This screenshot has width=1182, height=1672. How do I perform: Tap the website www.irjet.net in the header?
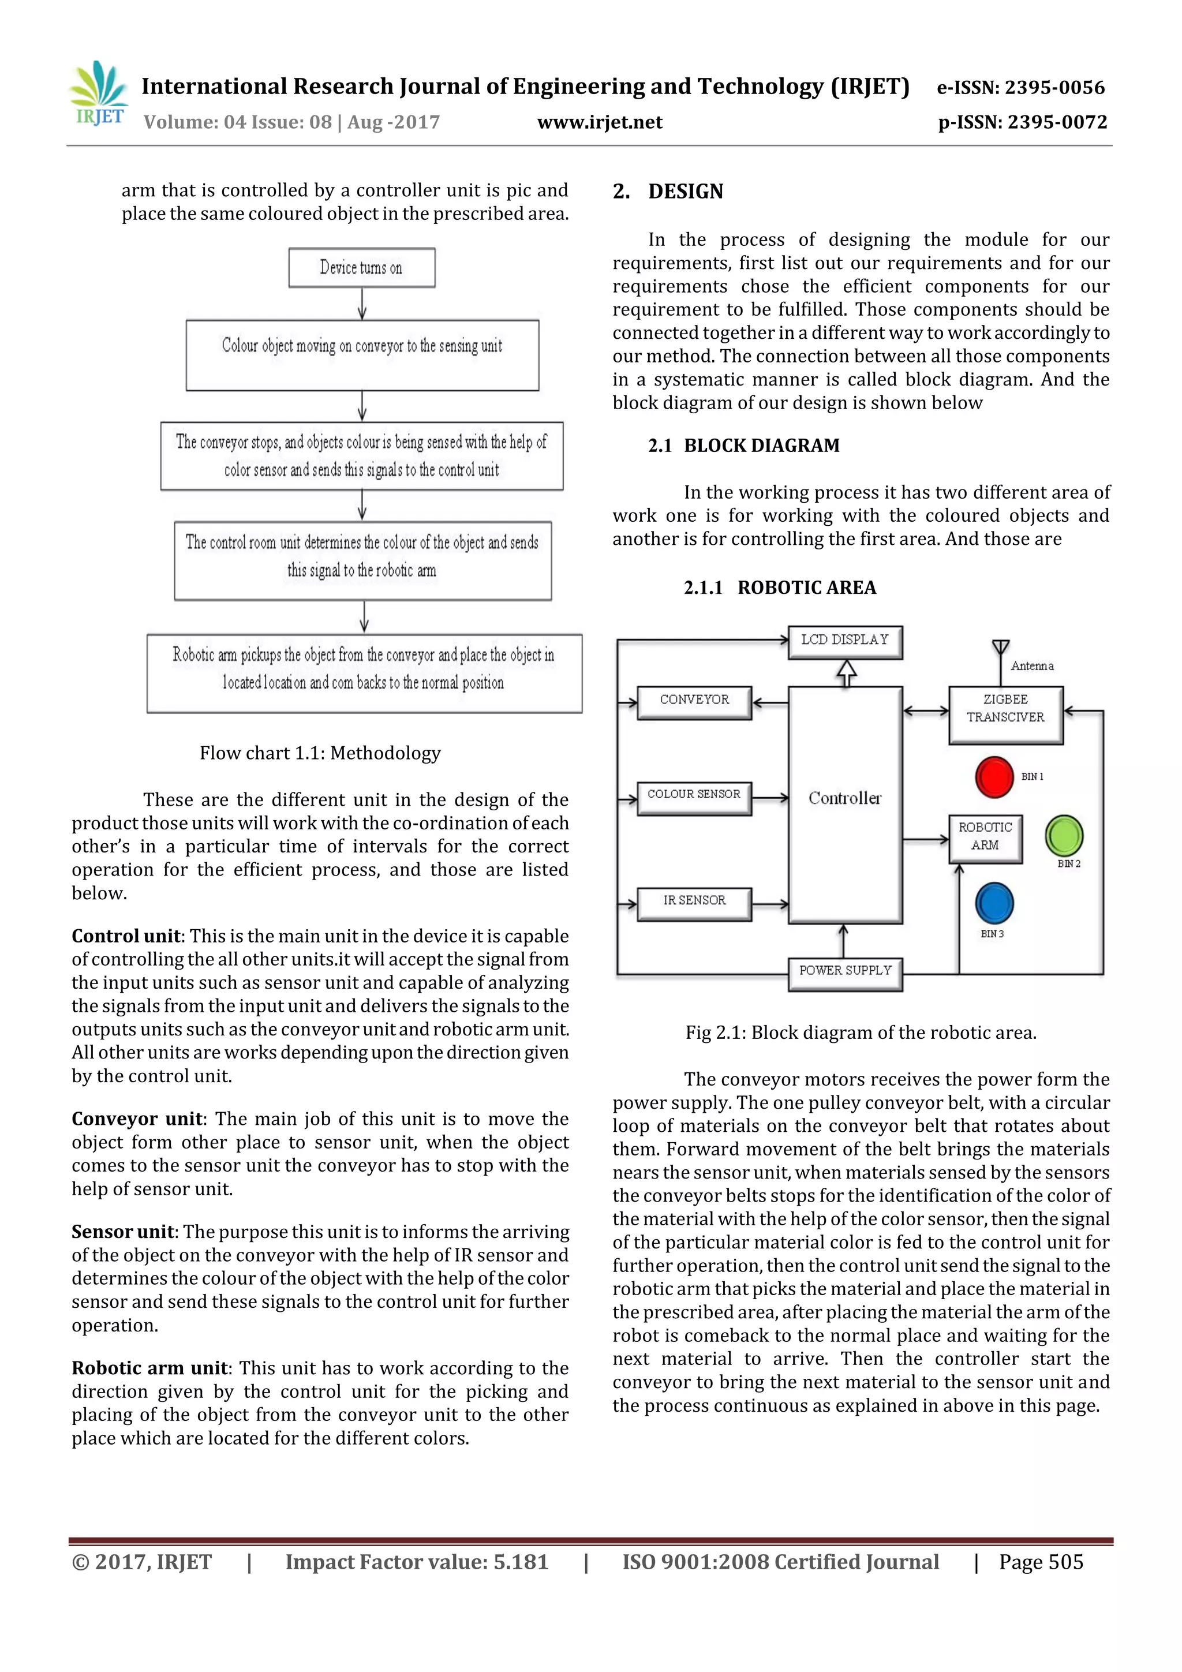(x=600, y=122)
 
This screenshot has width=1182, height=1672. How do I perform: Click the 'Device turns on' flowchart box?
(x=362, y=268)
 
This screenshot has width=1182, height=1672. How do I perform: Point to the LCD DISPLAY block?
(x=845, y=641)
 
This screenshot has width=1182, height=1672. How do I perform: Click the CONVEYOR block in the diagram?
(x=694, y=701)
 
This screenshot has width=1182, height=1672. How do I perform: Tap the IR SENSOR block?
(x=694, y=902)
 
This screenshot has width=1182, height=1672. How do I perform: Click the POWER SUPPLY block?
(x=845, y=971)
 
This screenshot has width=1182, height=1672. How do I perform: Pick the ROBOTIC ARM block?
(x=985, y=837)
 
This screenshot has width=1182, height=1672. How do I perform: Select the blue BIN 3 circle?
(x=994, y=903)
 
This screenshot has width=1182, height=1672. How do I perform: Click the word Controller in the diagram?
(x=845, y=799)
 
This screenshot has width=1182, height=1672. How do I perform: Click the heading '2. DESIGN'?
(x=668, y=192)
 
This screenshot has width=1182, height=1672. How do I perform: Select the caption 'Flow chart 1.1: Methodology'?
(x=320, y=753)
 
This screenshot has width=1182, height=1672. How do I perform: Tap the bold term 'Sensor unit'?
(x=122, y=1232)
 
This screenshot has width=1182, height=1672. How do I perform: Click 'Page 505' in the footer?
(x=1041, y=1562)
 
